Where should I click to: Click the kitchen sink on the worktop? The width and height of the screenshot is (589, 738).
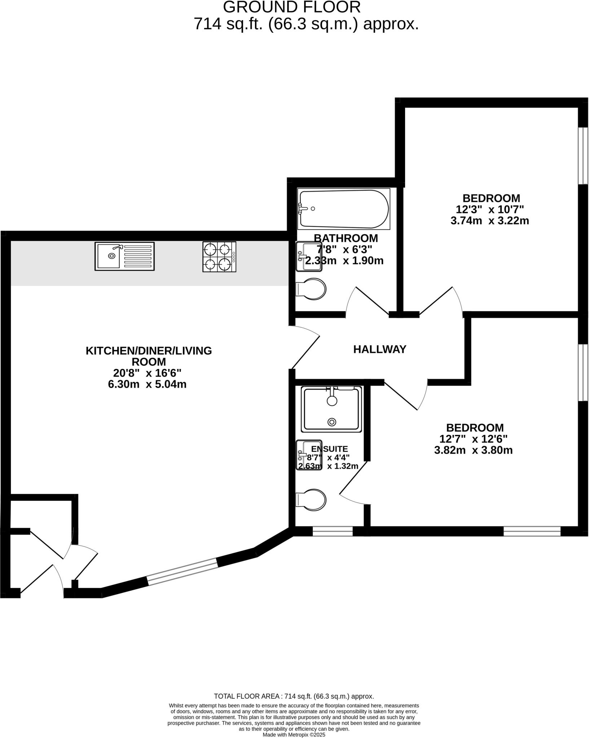tap(124, 256)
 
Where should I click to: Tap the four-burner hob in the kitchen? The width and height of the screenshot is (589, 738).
tap(219, 257)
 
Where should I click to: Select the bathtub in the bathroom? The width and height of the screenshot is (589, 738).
tap(343, 209)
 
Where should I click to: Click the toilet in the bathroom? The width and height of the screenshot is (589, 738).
tap(311, 289)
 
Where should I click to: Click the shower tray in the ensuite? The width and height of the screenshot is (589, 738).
tap(331, 410)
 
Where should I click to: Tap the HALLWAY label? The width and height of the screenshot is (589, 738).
tap(379, 349)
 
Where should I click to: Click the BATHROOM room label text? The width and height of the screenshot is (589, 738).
tap(346, 238)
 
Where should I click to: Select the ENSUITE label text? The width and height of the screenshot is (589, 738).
tap(329, 449)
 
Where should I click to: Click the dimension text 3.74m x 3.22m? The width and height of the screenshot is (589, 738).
tap(489, 221)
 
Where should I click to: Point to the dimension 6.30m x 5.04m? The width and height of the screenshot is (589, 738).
tap(147, 384)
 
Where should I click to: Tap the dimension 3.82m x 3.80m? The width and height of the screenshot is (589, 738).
tap(473, 450)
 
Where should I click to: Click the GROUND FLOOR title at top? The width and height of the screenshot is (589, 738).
tap(291, 7)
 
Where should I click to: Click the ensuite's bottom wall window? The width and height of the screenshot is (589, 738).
tap(333, 531)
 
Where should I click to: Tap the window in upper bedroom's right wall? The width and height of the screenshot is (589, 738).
tap(583, 155)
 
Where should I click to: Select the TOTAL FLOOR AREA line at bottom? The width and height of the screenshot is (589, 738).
tap(294, 696)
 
